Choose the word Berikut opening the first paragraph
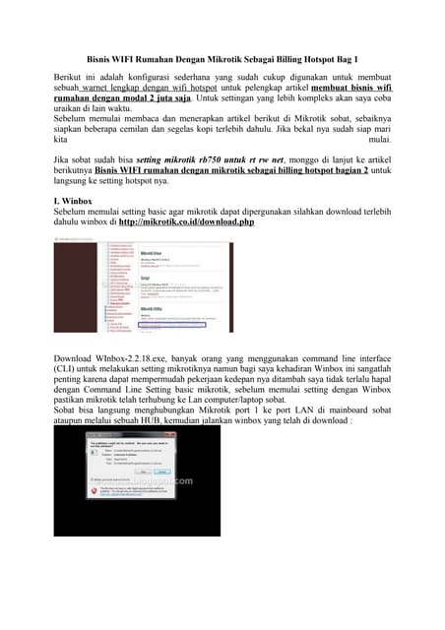pos(71,75)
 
